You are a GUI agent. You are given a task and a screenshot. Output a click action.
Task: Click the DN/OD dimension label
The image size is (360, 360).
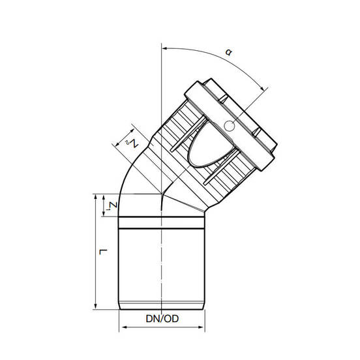[x=162, y=319]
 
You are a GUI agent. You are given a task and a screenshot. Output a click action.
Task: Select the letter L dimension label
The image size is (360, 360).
[x=103, y=252]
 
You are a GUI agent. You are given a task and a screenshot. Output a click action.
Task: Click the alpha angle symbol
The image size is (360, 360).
[x=228, y=52]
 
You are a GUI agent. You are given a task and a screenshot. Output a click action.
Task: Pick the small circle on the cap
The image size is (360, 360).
[x=229, y=126]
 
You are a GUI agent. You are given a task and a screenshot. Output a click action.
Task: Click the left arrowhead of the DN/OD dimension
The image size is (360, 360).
[x=124, y=327]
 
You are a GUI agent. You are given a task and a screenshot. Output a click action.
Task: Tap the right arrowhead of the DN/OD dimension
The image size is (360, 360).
[x=201, y=327]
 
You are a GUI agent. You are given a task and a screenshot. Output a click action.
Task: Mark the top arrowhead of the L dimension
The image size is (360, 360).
[x=96, y=198]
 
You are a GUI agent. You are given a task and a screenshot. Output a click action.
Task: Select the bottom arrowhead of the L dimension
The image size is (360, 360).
[x=96, y=306]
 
